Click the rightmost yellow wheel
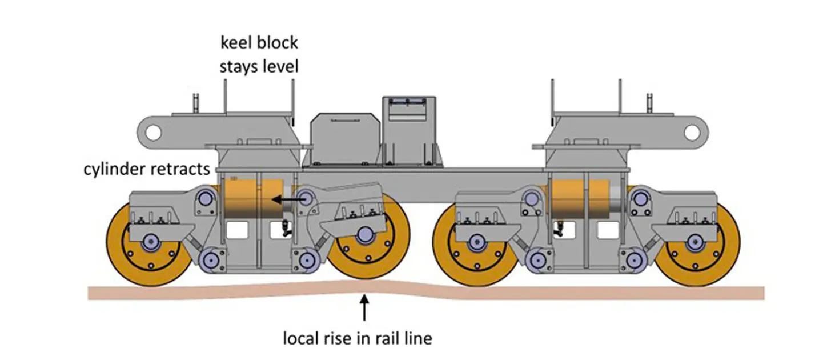[x=697, y=247]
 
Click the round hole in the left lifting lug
[x=152, y=132]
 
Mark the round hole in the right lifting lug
[x=692, y=132]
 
